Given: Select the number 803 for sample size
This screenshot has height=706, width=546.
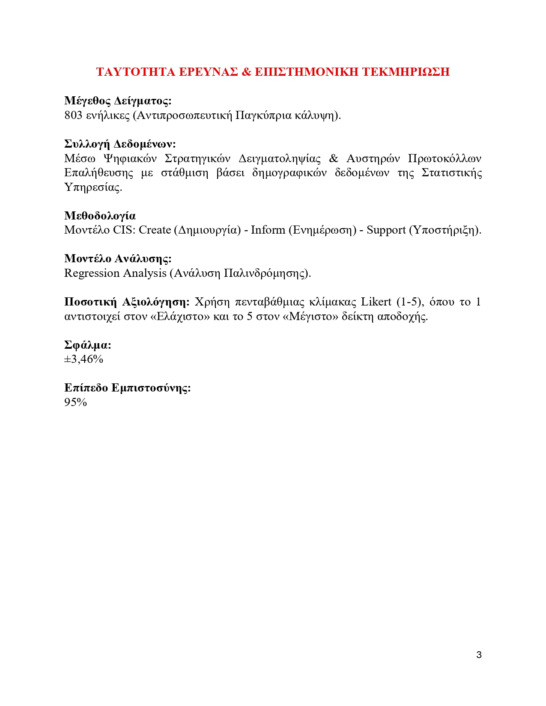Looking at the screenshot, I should point(73,115).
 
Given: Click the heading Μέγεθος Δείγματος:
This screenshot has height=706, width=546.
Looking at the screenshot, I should point(118,101).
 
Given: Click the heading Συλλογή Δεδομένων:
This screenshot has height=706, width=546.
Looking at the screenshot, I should point(120,144).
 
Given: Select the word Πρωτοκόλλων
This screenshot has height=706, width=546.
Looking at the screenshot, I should point(444,158).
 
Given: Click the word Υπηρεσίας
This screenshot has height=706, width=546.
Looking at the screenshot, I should point(93,187).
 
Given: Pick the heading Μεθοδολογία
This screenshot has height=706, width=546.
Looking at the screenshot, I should point(100,216).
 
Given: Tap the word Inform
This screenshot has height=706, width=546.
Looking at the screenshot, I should point(268,230).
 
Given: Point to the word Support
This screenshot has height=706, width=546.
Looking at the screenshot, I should point(386,230).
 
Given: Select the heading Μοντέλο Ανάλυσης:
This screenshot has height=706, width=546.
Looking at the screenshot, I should point(118,258).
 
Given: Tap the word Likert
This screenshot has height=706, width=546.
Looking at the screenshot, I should point(376,302).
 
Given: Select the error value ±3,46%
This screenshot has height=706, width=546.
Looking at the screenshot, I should point(84,359).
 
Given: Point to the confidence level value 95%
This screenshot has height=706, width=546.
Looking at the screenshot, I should point(75,402).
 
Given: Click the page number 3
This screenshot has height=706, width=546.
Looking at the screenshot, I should point(479,655).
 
